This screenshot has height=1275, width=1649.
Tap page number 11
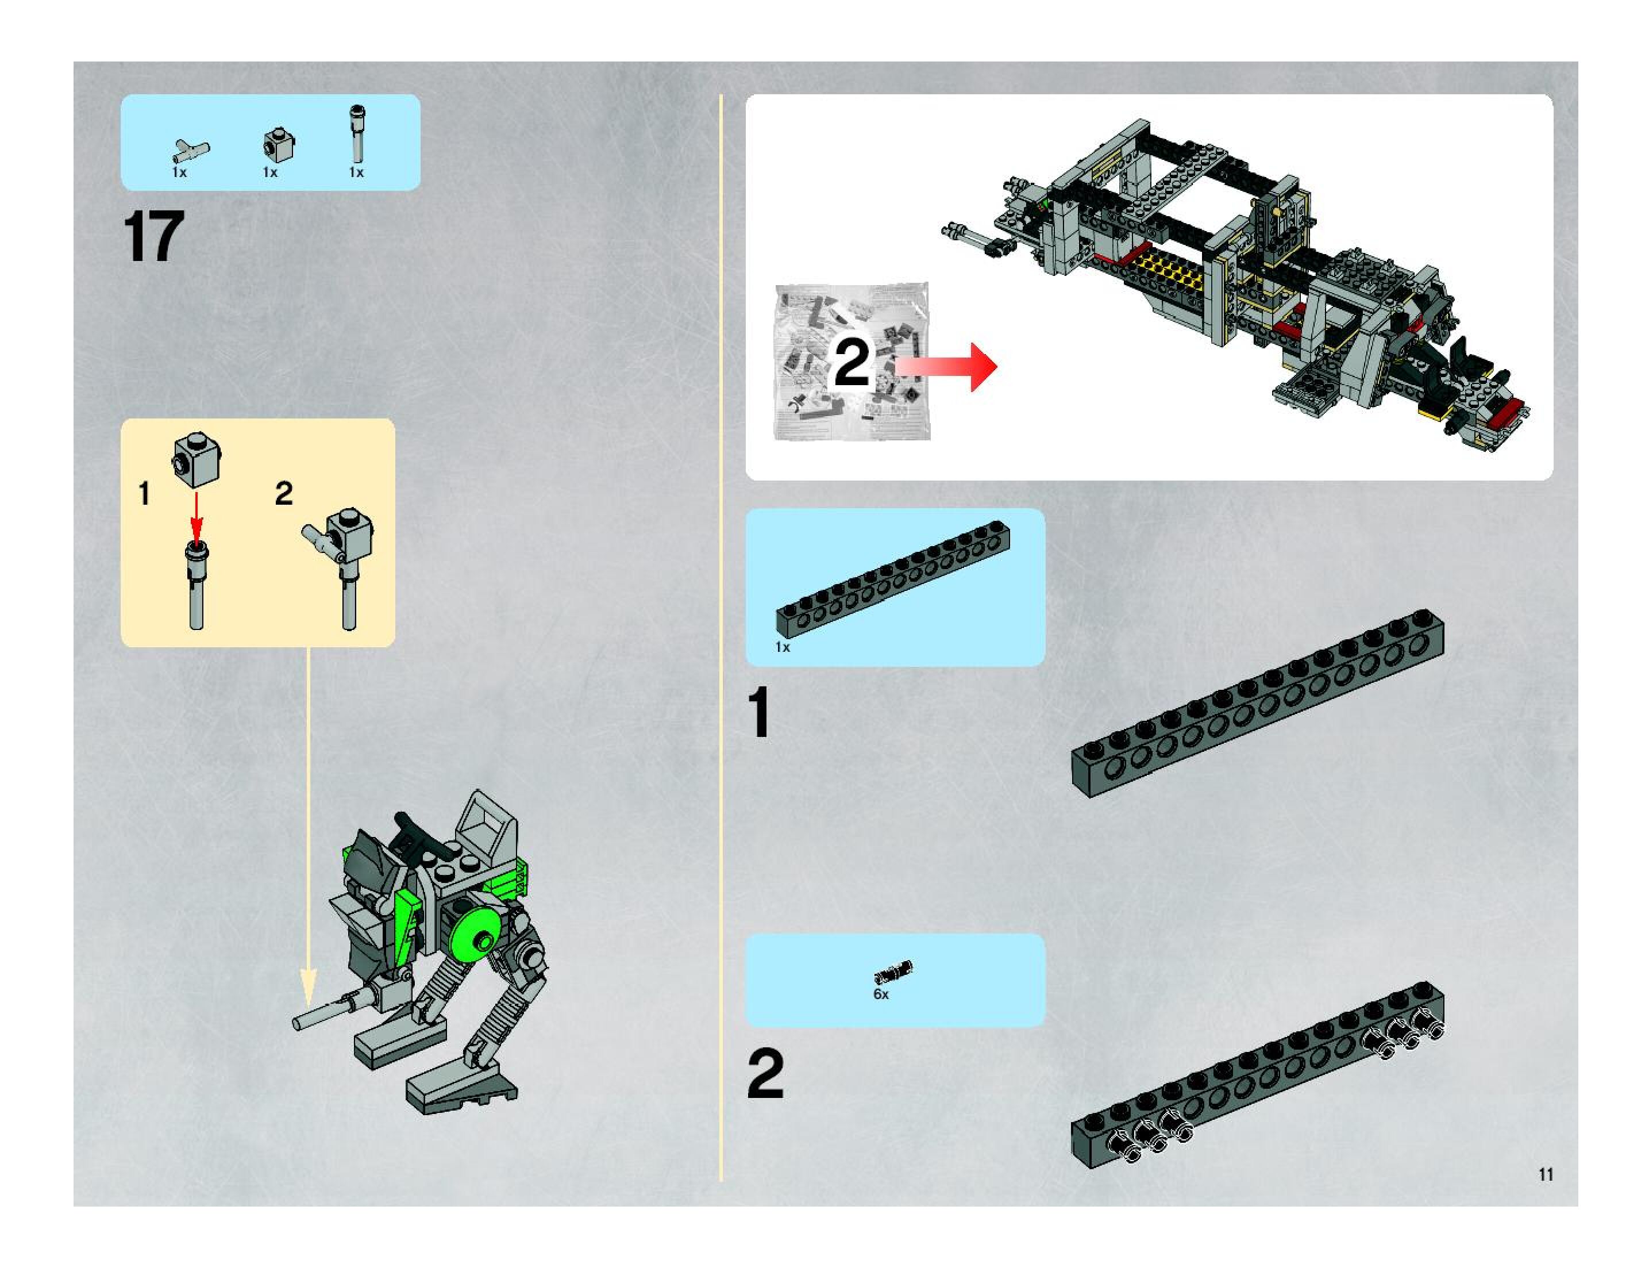pyautogui.click(x=1546, y=1174)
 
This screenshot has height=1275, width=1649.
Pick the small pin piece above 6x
pyautogui.click(x=894, y=971)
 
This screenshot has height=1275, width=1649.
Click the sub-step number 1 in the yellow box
pyautogui.click(x=144, y=494)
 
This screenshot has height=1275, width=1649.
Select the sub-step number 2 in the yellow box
pyautogui.click(x=284, y=494)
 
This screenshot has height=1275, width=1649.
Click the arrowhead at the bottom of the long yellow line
pyautogui.click(x=308, y=986)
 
